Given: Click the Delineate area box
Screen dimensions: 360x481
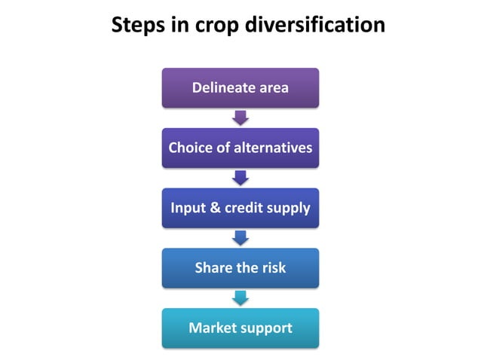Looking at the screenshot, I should pos(240,87).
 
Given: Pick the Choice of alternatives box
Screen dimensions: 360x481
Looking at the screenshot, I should pos(240,148).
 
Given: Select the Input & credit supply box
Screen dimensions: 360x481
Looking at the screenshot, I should pos(240,208).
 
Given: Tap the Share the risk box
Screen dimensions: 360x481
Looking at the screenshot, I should pos(240,268).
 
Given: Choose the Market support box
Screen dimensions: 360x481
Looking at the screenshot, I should pos(240,328).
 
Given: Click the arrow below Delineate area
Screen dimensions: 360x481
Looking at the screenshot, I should pos(240,117).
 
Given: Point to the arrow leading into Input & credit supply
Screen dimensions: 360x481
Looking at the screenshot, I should pos(240,178).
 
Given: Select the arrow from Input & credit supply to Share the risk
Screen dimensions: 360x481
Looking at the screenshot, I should pos(240,238).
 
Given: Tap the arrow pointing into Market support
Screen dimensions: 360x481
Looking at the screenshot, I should pos(240,298).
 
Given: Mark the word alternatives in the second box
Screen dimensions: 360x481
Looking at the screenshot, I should pos(273,148).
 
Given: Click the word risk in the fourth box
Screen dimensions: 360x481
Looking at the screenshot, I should pos(273,268).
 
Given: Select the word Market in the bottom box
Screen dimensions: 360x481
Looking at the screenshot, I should pos(213,328).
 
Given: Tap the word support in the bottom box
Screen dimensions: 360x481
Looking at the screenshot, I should pos(266,329).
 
